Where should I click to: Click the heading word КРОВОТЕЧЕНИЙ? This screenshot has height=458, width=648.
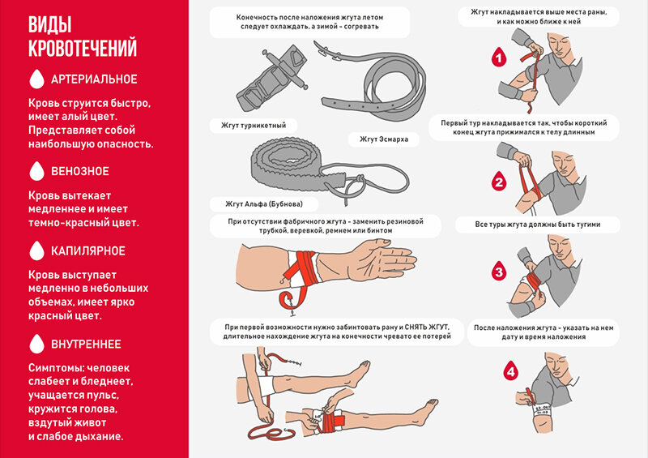pyautogui.click(x=83, y=47)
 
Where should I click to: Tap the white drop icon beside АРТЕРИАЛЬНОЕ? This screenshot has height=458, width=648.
pyautogui.click(x=36, y=79)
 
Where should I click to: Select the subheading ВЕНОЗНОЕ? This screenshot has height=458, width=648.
pyautogui.click(x=79, y=171)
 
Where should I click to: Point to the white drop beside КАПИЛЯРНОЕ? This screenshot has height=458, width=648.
pyautogui.click(x=36, y=250)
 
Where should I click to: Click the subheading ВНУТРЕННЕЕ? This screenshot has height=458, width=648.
pyautogui.click(x=86, y=345)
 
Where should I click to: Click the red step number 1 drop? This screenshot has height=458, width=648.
pyautogui.click(x=499, y=57)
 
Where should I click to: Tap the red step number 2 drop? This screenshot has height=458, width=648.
pyautogui.click(x=499, y=181)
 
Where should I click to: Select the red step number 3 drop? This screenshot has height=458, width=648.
pyautogui.click(x=499, y=271)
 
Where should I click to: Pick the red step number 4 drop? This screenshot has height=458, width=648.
pyautogui.click(x=511, y=370)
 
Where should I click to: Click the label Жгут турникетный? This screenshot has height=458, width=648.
pyautogui.click(x=254, y=126)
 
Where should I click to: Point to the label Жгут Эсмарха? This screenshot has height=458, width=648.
pyautogui.click(x=384, y=139)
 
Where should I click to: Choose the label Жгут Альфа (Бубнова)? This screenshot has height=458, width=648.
pyautogui.click(x=264, y=203)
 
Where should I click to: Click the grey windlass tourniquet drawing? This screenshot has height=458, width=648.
pyautogui.click(x=271, y=76)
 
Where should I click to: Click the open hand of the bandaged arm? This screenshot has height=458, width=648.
pyautogui.click(x=382, y=260)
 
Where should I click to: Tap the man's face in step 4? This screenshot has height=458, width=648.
pyautogui.click(x=558, y=366)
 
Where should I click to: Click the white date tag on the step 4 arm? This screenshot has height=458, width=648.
pyautogui.click(x=542, y=409)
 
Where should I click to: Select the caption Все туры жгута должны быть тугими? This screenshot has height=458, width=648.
pyautogui.click(x=537, y=225)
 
